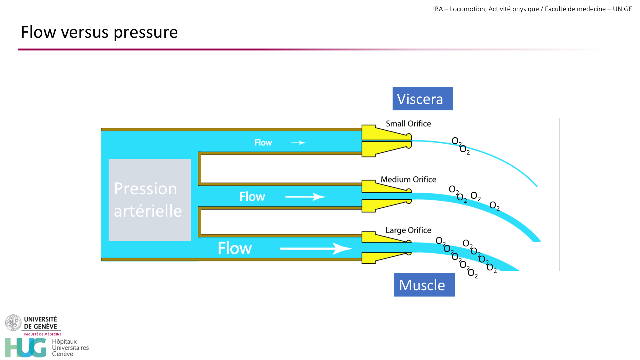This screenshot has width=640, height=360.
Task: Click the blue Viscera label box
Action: tap(422, 99)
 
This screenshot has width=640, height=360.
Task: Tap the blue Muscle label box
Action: tap(424, 285)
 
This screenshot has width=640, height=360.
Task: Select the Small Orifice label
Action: tap(408, 124)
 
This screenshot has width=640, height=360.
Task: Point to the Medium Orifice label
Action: tap(408, 179)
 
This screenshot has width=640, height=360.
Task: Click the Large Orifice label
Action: tap(408, 230)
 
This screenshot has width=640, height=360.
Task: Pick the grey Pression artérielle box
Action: tap(149, 200)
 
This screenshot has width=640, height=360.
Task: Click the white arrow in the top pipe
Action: tap(298, 143)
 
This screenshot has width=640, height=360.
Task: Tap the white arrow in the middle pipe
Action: tap(305, 196)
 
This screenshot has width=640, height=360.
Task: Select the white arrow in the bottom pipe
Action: tap(316, 248)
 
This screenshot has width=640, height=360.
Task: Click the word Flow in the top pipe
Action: tap(263, 143)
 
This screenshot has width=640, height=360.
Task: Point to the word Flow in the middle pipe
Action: tap(252, 196)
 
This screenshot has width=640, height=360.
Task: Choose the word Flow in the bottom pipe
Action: tap(235, 248)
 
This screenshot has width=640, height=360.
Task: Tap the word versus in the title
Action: tap(85, 33)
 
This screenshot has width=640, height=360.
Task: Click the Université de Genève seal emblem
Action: tap(13, 322)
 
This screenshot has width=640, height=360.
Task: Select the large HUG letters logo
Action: tap(26, 348)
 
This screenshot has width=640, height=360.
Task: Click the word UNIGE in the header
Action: tap(622, 9)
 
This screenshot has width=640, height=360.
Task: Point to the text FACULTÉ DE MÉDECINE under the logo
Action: tap(43, 334)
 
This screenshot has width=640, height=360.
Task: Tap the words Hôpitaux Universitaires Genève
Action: tap(70, 348)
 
